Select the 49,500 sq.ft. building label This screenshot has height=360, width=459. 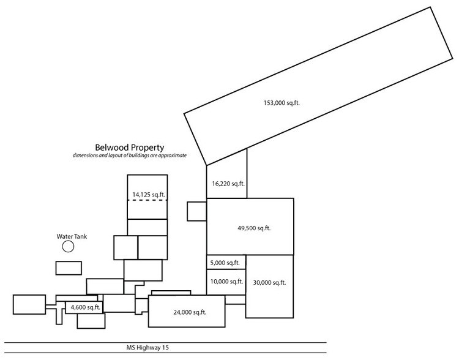tap(254, 228)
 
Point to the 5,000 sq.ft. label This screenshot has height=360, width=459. tap(226, 263)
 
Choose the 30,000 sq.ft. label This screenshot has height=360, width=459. tap(269, 282)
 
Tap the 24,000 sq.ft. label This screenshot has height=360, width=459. tap(190, 312)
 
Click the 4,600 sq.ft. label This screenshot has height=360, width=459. tap(86, 307)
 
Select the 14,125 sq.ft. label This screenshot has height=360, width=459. tap(149, 195)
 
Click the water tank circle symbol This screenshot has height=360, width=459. tap(68, 247)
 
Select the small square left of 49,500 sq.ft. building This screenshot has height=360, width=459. tap(196, 211)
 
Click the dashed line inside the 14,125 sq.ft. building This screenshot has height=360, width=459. tap(147, 200)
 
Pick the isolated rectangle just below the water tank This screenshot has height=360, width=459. tap(69, 268)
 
